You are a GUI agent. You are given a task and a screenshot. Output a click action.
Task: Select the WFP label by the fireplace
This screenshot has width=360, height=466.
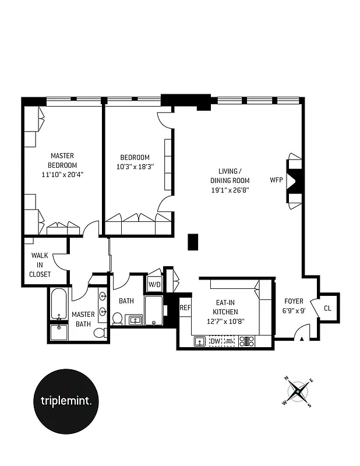(x=276, y=180)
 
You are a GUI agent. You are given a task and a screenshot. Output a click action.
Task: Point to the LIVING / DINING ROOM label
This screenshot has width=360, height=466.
(x=229, y=176)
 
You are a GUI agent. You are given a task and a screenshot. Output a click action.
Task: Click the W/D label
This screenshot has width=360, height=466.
(x=154, y=284)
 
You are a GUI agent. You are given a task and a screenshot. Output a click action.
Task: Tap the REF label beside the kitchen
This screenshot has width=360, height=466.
(x=185, y=308)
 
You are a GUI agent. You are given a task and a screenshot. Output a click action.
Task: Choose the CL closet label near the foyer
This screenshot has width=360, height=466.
(x=327, y=308)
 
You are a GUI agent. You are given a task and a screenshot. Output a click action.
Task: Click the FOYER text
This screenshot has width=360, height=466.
(x=293, y=301)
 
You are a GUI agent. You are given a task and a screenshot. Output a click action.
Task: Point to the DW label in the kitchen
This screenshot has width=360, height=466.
(x=215, y=341)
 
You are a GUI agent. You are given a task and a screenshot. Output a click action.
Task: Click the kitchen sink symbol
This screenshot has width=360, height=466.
(x=199, y=341)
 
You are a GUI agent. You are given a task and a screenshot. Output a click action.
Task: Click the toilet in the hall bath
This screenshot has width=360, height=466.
(x=117, y=319)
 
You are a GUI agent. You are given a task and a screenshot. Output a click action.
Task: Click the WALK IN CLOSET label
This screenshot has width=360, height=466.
(x=41, y=264)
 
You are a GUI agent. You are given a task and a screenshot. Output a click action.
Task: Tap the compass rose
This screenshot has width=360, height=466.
(x=298, y=391)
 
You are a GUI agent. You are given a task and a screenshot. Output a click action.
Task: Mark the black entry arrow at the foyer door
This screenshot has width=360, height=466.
(x=301, y=339)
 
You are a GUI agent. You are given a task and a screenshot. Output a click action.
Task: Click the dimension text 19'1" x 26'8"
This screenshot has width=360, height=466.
(x=229, y=189)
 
